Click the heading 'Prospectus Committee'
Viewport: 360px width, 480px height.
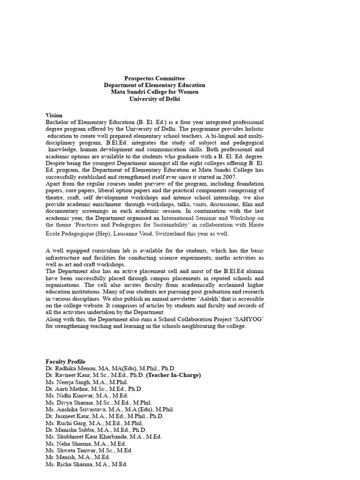click(154, 78)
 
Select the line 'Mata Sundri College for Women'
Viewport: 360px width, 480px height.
click(154, 92)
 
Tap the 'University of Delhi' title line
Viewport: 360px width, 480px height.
click(154, 99)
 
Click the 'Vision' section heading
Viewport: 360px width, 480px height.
click(54, 115)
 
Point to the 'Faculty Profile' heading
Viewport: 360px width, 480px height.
click(65, 361)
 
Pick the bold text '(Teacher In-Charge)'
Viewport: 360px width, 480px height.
click(173, 375)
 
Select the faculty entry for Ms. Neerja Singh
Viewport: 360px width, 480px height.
click(66, 382)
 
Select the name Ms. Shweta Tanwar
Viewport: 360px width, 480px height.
click(67, 450)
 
